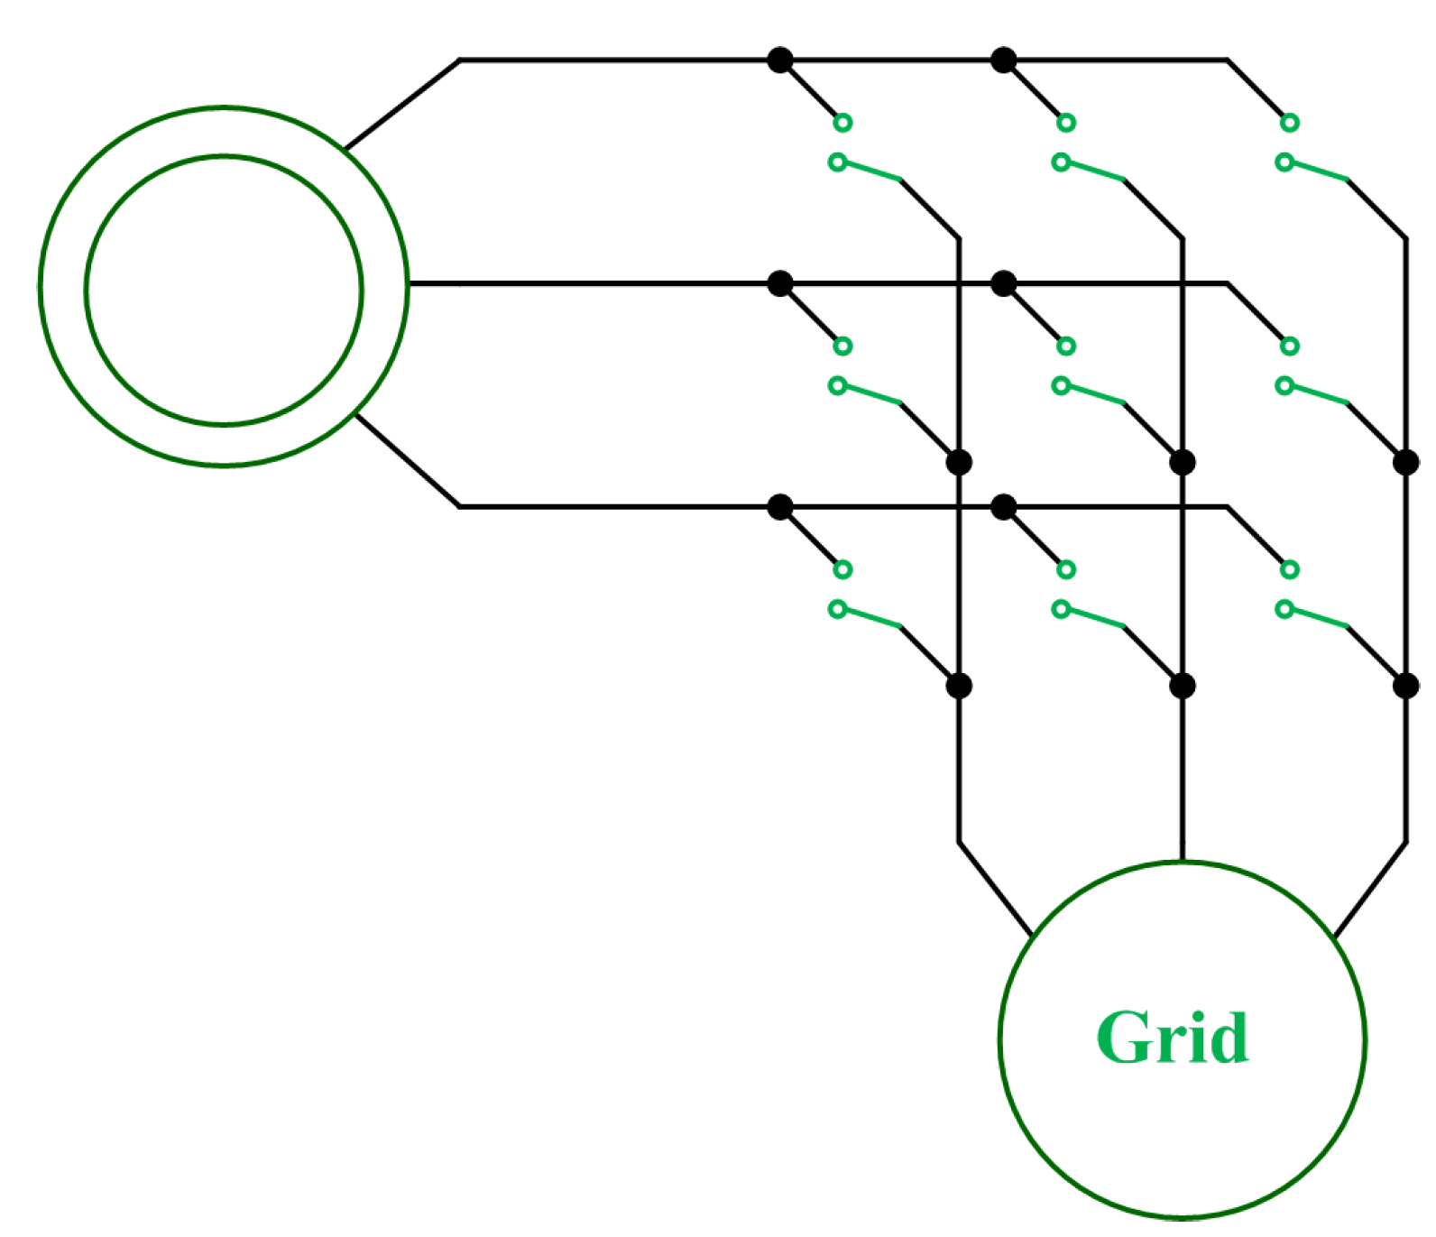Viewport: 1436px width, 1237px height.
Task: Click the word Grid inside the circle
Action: click(1184, 1050)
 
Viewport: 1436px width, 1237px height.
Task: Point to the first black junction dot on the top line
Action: click(788, 61)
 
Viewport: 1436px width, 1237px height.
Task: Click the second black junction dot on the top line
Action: click(1015, 61)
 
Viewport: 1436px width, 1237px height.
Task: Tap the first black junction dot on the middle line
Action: click(788, 287)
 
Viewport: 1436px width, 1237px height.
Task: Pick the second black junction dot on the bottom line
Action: click(1015, 512)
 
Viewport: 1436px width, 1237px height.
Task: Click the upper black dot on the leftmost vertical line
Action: click(969, 467)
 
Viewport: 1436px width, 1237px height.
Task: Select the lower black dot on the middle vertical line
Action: click(1194, 693)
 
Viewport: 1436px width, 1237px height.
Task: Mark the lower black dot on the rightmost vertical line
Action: click(1420, 693)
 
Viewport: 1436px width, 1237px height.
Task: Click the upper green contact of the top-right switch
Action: click(1303, 124)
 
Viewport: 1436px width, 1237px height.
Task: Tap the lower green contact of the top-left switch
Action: click(846, 164)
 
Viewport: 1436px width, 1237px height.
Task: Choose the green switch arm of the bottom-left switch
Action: click(879, 624)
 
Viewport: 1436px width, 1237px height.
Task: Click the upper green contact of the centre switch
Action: click(1077, 349)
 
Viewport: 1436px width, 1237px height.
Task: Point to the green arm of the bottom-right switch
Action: click(1330, 624)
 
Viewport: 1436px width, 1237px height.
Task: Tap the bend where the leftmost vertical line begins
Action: click(968, 241)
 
